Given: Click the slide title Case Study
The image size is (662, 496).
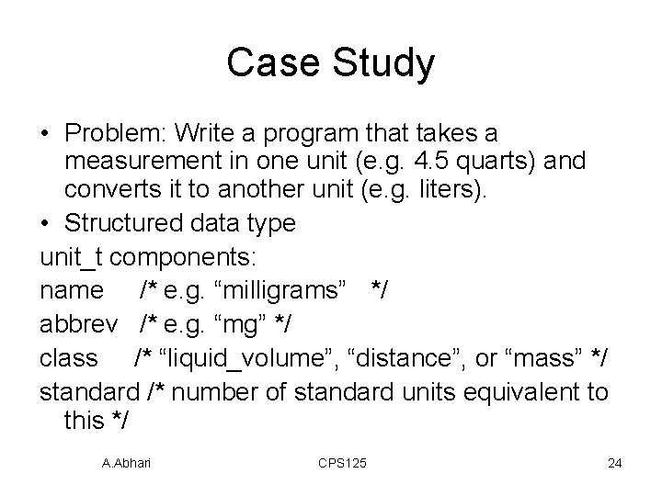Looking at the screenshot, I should point(330,63).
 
